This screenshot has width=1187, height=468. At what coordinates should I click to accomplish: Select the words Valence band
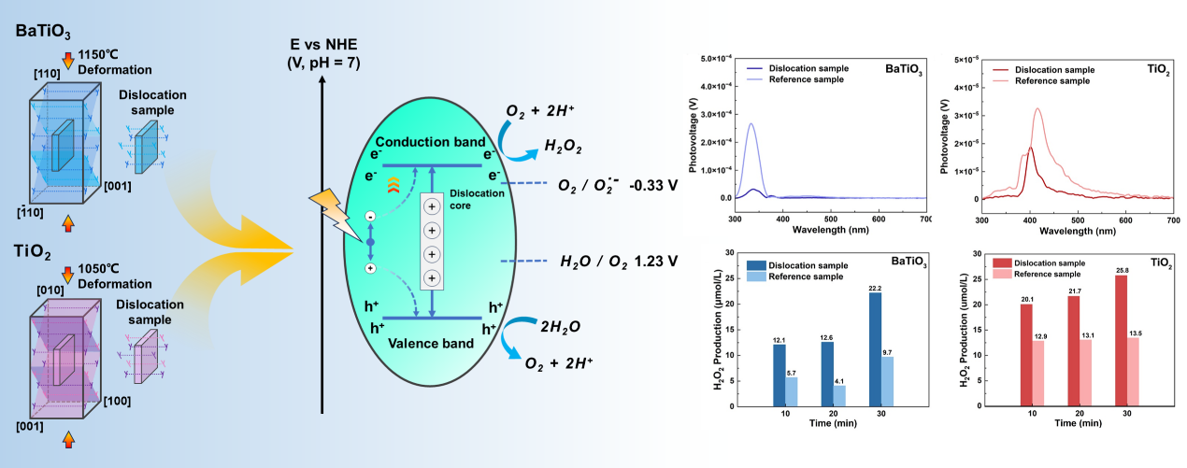[x=431, y=343]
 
